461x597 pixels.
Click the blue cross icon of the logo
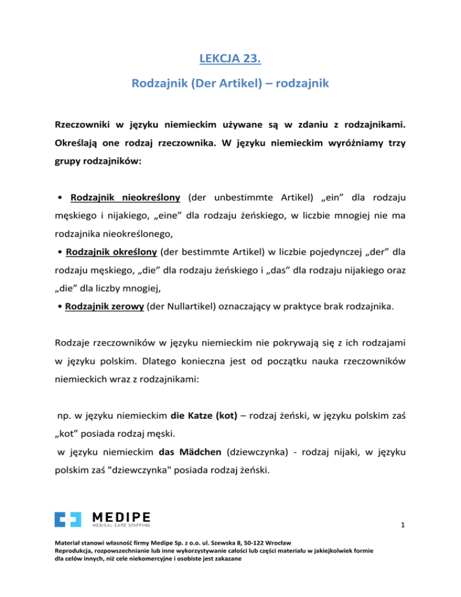point(67,521)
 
